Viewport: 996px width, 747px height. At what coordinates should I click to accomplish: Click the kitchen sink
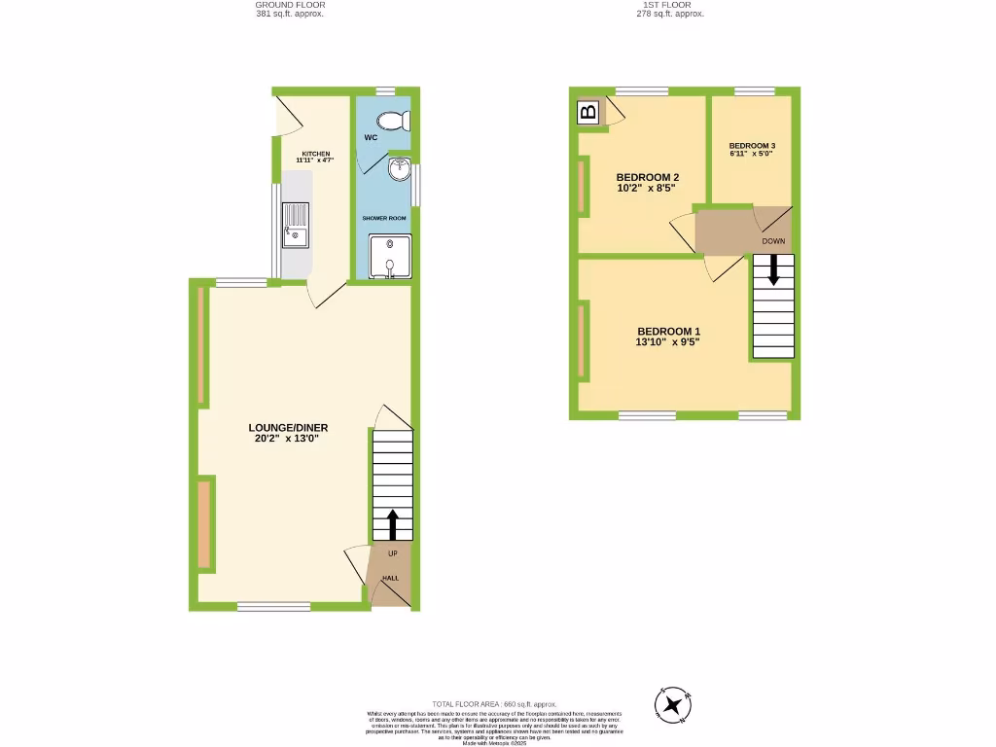[295, 226]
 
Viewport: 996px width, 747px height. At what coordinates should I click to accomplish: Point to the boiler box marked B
[587, 112]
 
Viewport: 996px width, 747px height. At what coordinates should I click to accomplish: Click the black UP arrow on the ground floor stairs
[392, 523]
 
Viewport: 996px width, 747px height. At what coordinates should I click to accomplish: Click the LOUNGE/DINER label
[288, 427]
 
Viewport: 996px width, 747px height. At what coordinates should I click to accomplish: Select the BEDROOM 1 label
[667, 330]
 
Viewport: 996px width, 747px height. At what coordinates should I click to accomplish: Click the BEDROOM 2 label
[647, 177]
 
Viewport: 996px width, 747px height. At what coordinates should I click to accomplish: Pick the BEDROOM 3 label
[752, 146]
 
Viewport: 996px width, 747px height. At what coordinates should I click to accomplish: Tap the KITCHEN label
[315, 154]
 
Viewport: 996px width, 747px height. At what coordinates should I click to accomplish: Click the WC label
[371, 138]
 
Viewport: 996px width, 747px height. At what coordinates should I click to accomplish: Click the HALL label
[390, 578]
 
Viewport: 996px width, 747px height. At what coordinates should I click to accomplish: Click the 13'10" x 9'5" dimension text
[667, 341]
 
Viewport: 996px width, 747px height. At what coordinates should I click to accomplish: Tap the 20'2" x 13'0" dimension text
[288, 439]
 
